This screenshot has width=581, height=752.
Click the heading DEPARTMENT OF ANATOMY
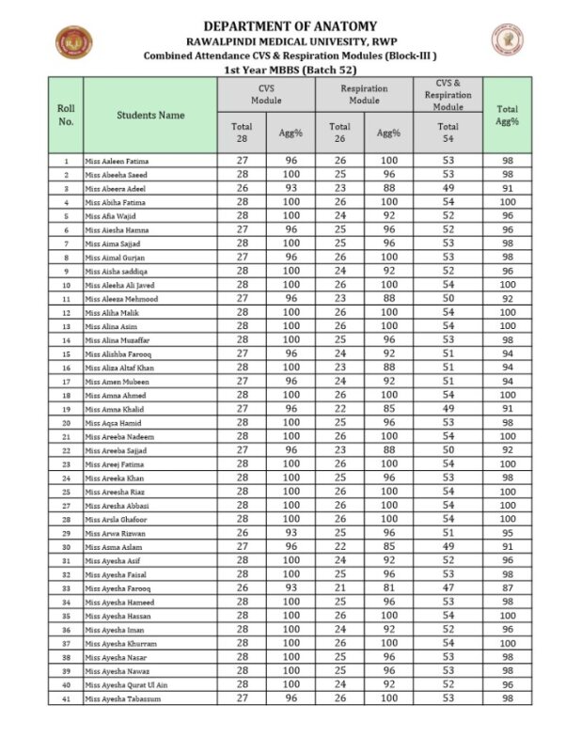pos(290,26)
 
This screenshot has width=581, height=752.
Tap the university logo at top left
pos(70,41)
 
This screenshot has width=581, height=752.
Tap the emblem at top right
pos(508,39)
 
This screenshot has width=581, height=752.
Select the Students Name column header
pos(150,115)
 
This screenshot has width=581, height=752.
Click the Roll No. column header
pos(66,115)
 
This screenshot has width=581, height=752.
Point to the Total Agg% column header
pos(508,115)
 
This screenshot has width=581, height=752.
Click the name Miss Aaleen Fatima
pos(117,162)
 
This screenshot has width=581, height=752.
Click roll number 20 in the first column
pos(66,423)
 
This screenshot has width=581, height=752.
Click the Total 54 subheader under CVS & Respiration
pos(448,133)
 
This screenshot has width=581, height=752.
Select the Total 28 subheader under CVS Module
pos(242,133)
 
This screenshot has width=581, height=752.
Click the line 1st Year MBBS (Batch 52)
pos(290,70)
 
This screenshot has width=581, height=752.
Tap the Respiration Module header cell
pos(364,94)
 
